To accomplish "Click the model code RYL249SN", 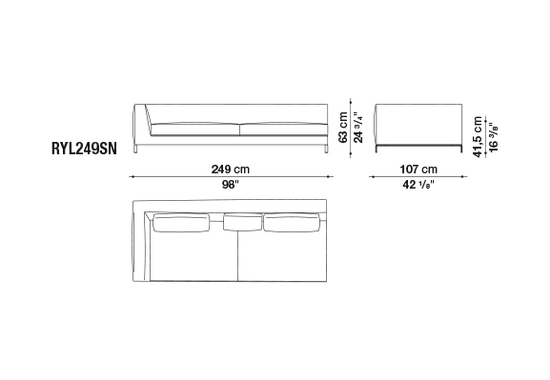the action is pos(84,149).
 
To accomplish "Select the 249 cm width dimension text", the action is pos(231,170).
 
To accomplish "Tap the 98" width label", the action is pos(230,185).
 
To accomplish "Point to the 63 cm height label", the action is pos(343,128).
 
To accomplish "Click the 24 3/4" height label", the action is pos(358,128).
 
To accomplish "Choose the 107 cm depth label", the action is pos(418,170).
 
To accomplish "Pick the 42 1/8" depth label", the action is pos(418,185).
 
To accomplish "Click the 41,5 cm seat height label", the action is pos(478,137).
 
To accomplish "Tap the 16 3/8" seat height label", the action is pos(493,137).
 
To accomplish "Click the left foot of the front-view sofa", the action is pos(135,149).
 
